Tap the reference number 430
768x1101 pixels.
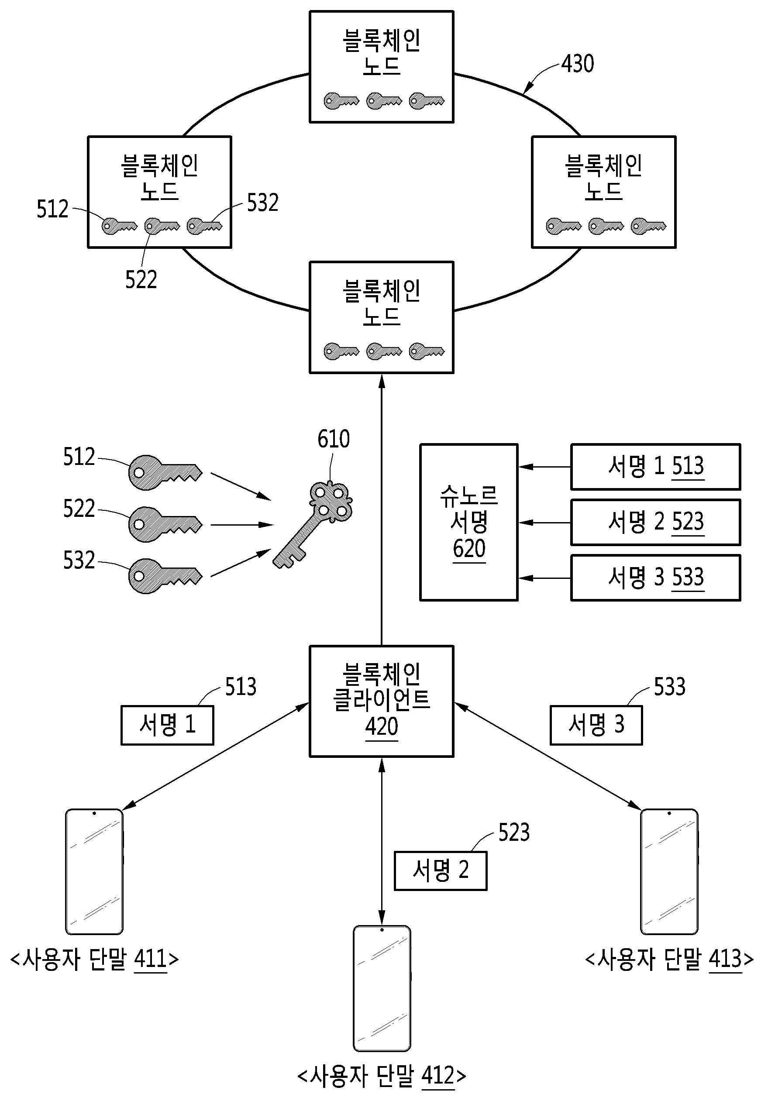tap(578, 64)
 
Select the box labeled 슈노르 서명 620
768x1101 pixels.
tap(468, 522)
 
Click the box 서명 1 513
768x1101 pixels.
tap(655, 467)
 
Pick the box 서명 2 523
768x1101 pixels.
tap(655, 522)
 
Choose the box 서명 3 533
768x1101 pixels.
tap(655, 578)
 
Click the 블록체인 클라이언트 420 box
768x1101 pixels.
tap(381, 701)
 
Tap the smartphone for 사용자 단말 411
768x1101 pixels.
tap(94, 871)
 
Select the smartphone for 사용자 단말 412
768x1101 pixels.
tap(382, 988)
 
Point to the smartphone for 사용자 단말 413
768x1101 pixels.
tap(669, 871)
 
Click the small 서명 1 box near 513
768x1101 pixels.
tap(167, 725)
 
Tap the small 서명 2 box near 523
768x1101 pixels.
tap(441, 871)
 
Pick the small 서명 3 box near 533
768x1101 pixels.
tap(596, 725)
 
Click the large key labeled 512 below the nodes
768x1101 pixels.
tap(165, 473)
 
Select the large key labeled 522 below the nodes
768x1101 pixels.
tap(165, 525)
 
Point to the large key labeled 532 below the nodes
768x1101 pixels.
tap(165, 576)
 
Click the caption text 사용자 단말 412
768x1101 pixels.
tap(382, 1076)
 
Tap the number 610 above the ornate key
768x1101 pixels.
tap(334, 439)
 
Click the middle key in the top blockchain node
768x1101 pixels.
tap(384, 101)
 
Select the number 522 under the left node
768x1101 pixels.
tap(141, 279)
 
